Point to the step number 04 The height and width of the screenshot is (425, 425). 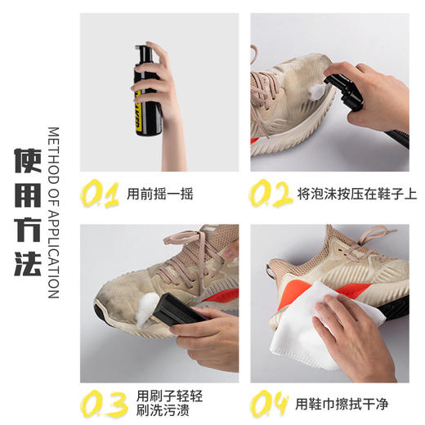tap(271, 404)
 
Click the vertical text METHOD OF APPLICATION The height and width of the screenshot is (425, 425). tap(54, 212)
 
